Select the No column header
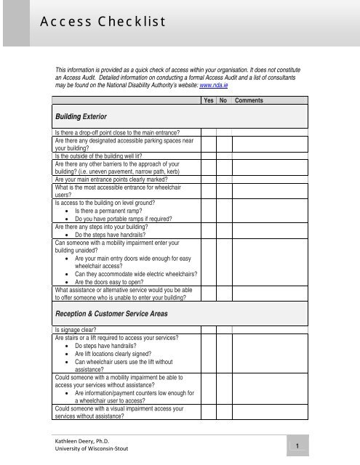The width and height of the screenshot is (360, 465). [224, 100]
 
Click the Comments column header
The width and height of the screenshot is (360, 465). [249, 100]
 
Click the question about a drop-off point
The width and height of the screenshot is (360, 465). [123, 132]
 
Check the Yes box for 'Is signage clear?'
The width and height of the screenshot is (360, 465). [209, 329]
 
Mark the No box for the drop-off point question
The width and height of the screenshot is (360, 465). [224, 132]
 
